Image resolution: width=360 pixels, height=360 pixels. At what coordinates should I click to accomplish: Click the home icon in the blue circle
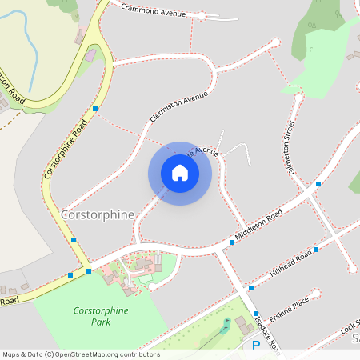click(180, 173)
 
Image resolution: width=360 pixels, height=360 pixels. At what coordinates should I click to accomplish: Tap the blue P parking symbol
click(256, 346)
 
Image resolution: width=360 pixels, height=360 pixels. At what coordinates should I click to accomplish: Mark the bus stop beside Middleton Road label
click(232, 241)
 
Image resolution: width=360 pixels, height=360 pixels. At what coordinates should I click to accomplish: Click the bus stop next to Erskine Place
click(256, 314)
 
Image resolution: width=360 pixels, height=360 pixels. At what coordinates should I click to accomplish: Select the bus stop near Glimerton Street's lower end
click(318, 184)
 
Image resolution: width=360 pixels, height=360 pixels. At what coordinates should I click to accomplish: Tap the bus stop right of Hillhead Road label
click(316, 250)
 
